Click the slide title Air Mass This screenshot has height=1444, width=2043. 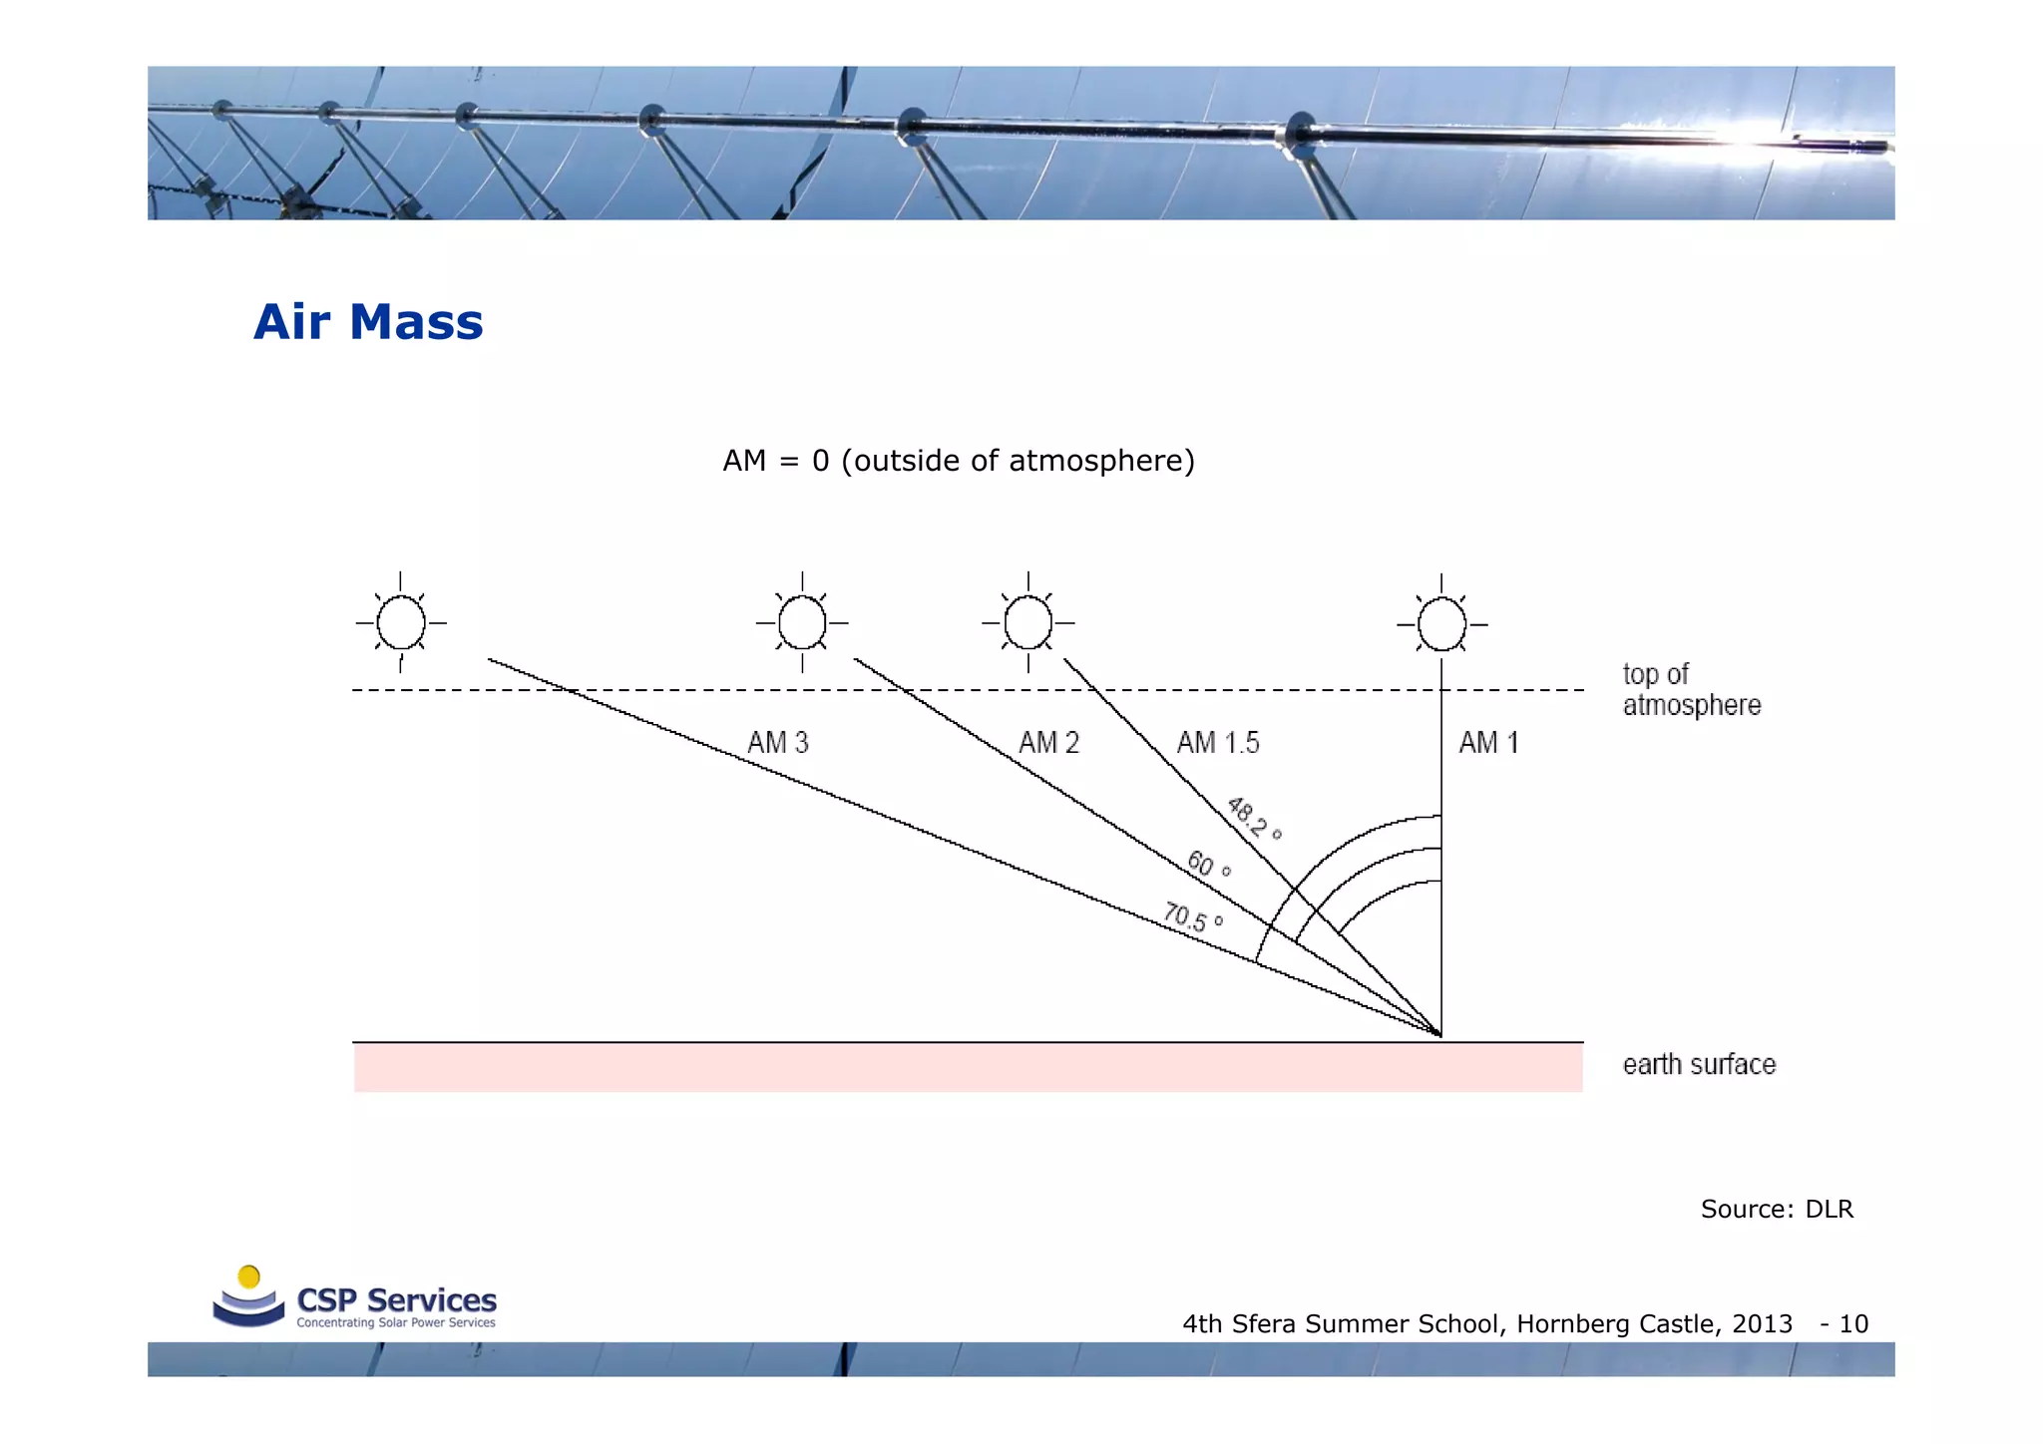coord(368,322)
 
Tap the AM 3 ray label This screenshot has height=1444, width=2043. coord(778,743)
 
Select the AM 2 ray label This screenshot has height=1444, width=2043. coord(1048,743)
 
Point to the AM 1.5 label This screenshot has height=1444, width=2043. coord(1218,743)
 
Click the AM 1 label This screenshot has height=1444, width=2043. coord(1488,743)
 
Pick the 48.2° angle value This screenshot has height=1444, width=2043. coord(1253,818)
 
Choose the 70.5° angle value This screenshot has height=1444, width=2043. coord(1193,916)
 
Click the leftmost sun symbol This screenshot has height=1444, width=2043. coord(401,622)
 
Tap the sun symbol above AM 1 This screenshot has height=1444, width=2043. coord(1441,624)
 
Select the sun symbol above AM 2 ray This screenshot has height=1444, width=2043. coord(802,622)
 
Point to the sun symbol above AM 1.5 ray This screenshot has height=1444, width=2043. coord(1028,622)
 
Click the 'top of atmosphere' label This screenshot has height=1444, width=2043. coord(1691,689)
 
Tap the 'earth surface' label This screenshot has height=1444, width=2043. coord(1699,1065)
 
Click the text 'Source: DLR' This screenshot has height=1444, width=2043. coord(1777,1210)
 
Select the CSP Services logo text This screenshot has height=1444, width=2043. coord(396,1300)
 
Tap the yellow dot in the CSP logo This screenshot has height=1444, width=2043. coord(249,1276)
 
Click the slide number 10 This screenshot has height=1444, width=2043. coord(1853,1324)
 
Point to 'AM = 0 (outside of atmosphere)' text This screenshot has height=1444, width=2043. coord(959,461)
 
